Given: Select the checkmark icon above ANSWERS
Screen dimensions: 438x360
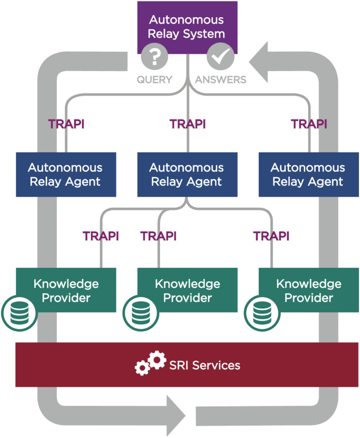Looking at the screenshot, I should click(220, 57).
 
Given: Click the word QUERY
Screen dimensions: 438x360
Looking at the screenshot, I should click(154, 80).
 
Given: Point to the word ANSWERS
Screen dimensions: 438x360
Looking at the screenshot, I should click(220, 80).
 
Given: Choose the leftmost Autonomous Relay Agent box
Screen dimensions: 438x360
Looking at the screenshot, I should click(66, 174).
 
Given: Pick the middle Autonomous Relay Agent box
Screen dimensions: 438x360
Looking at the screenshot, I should click(187, 174).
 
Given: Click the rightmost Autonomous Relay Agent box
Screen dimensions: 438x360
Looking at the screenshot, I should click(308, 174).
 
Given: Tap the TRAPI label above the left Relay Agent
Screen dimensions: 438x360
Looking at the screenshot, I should click(66, 124).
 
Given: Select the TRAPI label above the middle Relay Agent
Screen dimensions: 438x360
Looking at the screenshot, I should click(187, 124).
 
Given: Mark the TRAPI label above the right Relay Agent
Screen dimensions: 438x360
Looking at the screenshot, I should click(309, 124).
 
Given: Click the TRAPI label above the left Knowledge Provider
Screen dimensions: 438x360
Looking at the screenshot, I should click(101, 236).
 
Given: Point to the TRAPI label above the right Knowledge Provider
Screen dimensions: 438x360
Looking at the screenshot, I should click(271, 236).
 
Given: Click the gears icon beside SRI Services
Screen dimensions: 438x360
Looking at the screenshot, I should click(150, 364).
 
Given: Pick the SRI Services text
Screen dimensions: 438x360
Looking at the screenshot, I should click(205, 365).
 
